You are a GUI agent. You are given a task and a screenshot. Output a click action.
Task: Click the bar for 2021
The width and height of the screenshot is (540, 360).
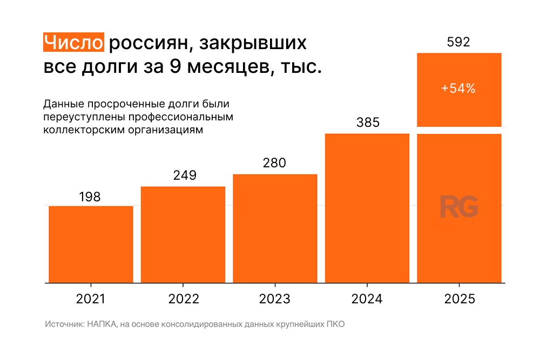pyautogui.click(x=91, y=244)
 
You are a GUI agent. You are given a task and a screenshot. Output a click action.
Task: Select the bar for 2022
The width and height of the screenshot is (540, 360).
pyautogui.click(x=183, y=234)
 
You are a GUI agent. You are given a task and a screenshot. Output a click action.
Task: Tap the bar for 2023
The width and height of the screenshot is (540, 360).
pyautogui.click(x=275, y=228)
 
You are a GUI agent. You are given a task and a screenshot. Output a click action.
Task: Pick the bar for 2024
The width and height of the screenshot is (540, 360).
pyautogui.click(x=367, y=208)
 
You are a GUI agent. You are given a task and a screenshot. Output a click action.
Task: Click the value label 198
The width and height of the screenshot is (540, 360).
pyautogui.click(x=90, y=197)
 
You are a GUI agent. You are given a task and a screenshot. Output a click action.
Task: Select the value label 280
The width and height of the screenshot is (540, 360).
pyautogui.click(x=274, y=163)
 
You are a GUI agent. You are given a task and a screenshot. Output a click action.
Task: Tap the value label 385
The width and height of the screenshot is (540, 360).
pyautogui.click(x=368, y=123)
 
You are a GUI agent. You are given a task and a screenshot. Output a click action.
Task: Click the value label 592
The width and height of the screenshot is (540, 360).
pyautogui.click(x=458, y=42)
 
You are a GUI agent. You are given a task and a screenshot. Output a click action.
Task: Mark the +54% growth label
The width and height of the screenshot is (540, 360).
pyautogui.click(x=458, y=89)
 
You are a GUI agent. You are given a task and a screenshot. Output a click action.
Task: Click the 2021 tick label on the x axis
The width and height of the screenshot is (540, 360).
pyautogui.click(x=91, y=299)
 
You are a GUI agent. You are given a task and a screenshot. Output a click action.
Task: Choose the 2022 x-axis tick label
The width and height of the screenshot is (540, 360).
pyautogui.click(x=184, y=299)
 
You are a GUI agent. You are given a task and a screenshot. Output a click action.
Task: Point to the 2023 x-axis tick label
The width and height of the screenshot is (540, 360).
pyautogui.click(x=275, y=299)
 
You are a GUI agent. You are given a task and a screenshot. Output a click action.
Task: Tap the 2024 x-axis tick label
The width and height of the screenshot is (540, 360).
pyautogui.click(x=367, y=299)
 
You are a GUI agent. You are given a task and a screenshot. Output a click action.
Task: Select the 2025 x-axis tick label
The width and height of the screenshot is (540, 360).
pyautogui.click(x=460, y=299)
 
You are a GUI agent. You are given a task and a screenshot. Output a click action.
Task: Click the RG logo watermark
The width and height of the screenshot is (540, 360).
pyautogui.click(x=458, y=207)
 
